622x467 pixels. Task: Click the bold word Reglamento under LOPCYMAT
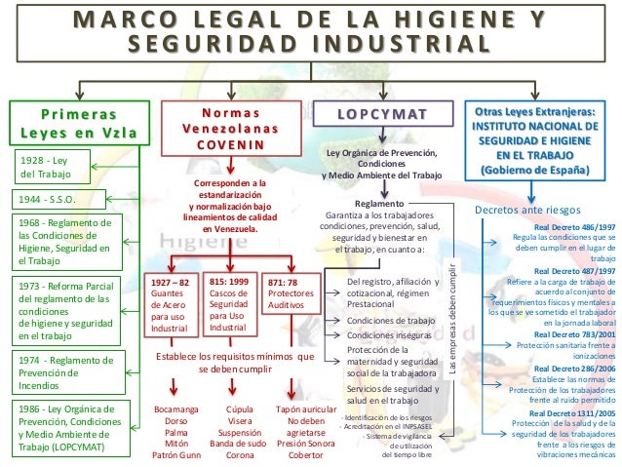pyautogui.click(x=378, y=203)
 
